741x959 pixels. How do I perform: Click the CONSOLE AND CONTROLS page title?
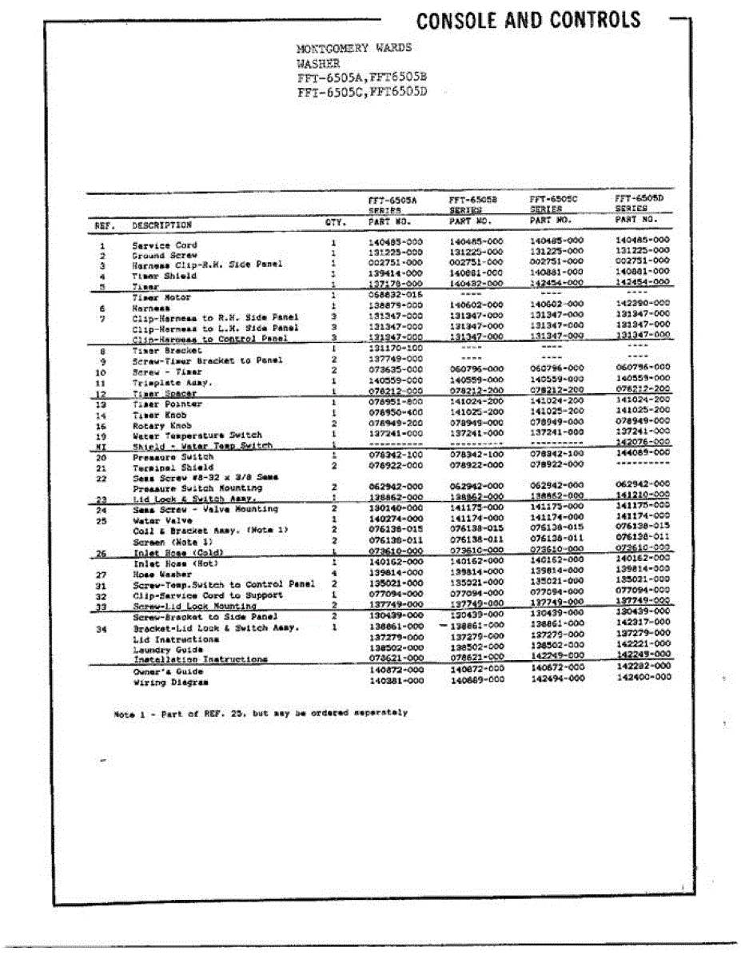(x=528, y=21)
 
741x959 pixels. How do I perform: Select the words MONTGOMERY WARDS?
(x=344, y=48)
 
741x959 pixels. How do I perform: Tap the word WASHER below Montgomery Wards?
(x=318, y=62)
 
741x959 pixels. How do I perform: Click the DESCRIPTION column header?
(x=162, y=225)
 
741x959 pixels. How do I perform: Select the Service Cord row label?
(x=165, y=245)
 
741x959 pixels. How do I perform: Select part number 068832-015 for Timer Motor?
(x=396, y=296)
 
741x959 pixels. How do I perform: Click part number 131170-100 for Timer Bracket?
(x=396, y=349)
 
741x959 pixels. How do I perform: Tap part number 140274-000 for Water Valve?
(x=396, y=519)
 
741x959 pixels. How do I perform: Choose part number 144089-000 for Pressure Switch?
(x=643, y=452)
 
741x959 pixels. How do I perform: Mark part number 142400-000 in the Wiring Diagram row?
(x=644, y=677)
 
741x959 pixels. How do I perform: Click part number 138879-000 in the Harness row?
(x=396, y=306)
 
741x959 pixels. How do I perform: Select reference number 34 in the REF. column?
(x=102, y=628)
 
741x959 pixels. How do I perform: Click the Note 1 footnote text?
(x=261, y=713)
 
